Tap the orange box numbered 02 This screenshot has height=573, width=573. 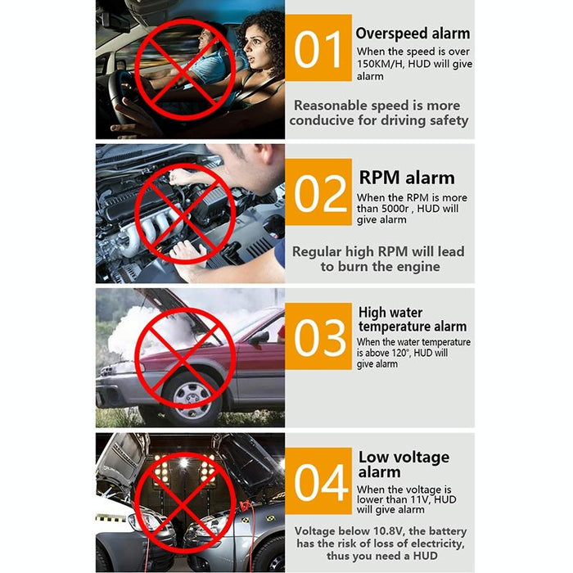coord(318,193)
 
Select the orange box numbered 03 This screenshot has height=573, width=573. coord(318,336)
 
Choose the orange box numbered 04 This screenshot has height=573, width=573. coord(318,481)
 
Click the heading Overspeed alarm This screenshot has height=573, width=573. coord(413,34)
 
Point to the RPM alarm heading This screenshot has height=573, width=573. coord(406,178)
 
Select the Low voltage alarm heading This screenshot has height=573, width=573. coord(404,464)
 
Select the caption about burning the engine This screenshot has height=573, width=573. coord(378,259)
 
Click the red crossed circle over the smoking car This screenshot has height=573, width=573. coord(185,358)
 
